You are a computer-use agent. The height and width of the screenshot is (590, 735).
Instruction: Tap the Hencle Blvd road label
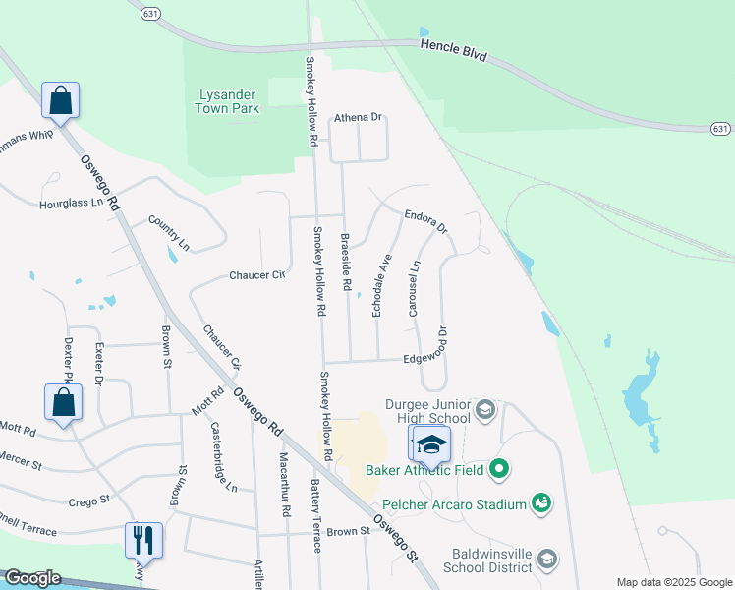click(454, 46)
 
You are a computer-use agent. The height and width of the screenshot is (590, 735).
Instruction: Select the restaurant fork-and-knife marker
click(142, 540)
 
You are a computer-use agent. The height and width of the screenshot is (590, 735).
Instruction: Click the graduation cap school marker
click(430, 445)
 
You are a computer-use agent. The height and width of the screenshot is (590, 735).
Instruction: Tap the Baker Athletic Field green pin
click(499, 469)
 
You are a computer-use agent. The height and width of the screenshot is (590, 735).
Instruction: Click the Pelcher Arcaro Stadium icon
click(538, 504)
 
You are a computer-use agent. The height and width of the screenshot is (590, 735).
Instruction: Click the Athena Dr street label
click(358, 117)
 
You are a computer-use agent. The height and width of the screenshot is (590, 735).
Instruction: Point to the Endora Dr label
click(425, 219)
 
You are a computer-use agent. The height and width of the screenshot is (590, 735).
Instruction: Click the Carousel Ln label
click(414, 288)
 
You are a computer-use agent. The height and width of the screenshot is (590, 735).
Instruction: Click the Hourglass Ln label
click(71, 203)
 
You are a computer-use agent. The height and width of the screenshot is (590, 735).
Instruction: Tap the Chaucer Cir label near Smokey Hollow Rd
click(256, 275)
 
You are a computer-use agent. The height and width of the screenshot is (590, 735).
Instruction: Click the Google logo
click(32, 578)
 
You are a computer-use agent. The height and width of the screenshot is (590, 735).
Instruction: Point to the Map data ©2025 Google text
click(673, 582)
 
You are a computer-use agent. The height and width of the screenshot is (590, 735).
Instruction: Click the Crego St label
click(89, 501)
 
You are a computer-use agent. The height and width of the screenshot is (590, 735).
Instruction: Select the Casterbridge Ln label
click(224, 457)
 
